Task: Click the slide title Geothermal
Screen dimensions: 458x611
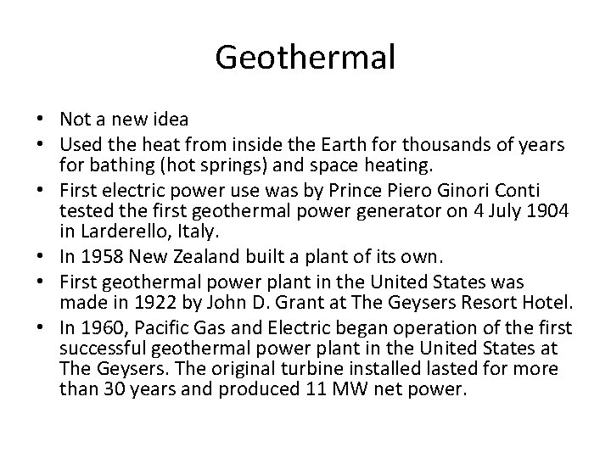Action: coord(305,58)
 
